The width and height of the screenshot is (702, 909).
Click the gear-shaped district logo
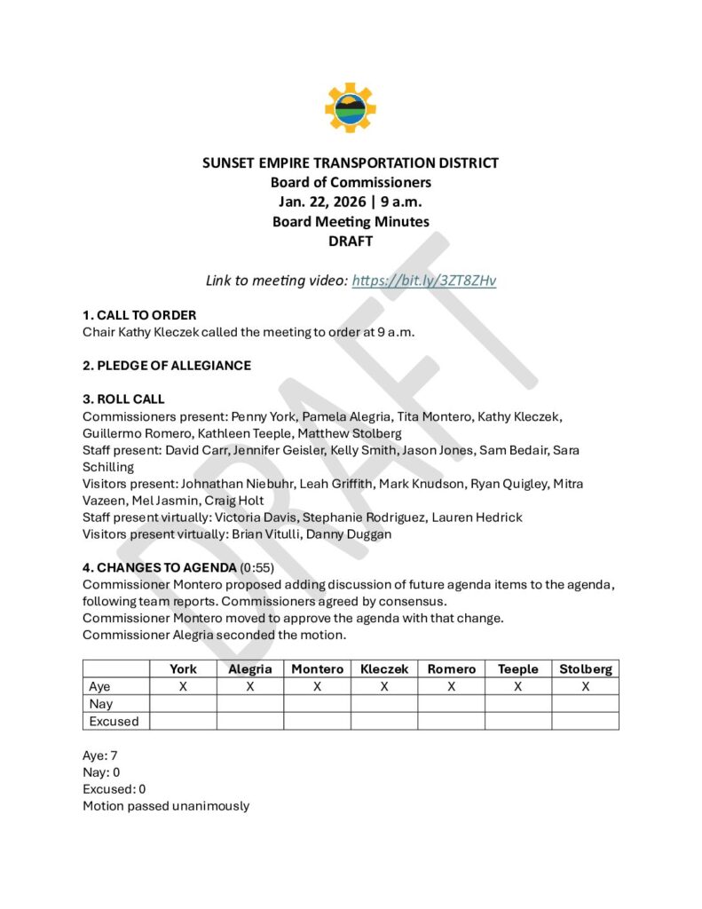[351, 107]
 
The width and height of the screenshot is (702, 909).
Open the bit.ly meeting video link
[424, 281]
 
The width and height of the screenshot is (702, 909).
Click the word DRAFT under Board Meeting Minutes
[351, 241]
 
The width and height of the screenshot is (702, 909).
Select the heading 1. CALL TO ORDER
[139, 315]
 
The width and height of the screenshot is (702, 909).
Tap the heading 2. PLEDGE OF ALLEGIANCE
[167, 365]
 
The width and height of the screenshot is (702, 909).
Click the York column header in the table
[184, 668]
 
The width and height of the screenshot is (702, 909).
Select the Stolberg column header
[585, 668]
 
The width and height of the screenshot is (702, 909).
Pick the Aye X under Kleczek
[384, 686]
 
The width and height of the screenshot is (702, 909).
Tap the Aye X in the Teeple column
[518, 686]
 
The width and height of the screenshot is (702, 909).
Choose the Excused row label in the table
[114, 721]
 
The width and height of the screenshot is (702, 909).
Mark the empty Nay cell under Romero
[451, 704]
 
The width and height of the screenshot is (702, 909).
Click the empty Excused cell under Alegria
[250, 721]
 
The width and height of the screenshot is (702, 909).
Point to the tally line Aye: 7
[100, 755]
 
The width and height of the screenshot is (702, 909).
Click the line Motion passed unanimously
[166, 806]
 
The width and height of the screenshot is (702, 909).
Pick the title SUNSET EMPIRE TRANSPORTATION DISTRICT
[351, 162]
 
